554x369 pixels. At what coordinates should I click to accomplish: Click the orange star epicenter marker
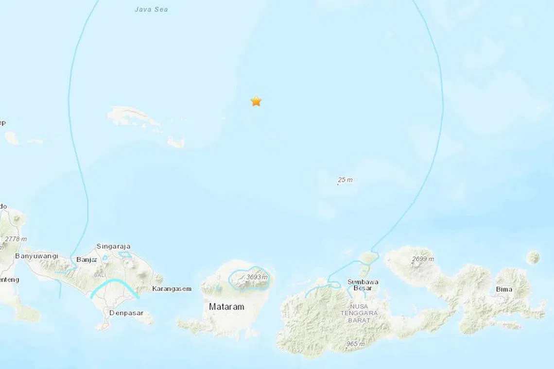pyautogui.click(x=256, y=101)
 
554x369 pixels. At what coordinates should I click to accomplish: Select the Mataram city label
pyautogui.click(x=226, y=307)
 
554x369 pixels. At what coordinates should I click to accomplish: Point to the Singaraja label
pyautogui.click(x=114, y=247)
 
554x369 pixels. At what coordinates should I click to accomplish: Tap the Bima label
pyautogui.click(x=504, y=289)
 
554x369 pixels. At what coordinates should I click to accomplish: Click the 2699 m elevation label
pyautogui.click(x=423, y=259)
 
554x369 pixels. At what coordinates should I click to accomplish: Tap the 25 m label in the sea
pyautogui.click(x=345, y=180)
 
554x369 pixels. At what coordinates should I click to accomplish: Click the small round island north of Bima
pyautogui.click(x=534, y=257)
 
